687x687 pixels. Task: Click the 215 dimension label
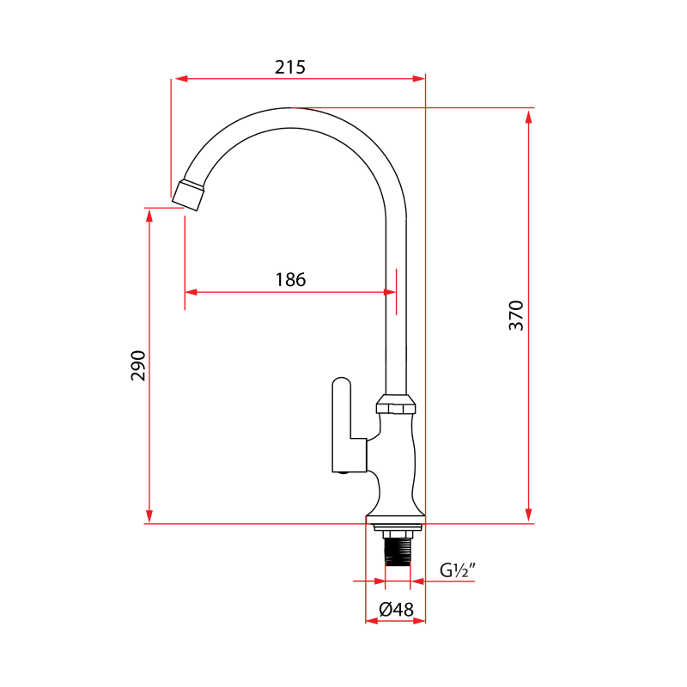click(290, 67)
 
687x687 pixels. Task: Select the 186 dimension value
click(290, 279)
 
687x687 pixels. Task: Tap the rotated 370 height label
click(515, 316)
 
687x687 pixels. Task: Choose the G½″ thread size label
click(458, 570)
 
